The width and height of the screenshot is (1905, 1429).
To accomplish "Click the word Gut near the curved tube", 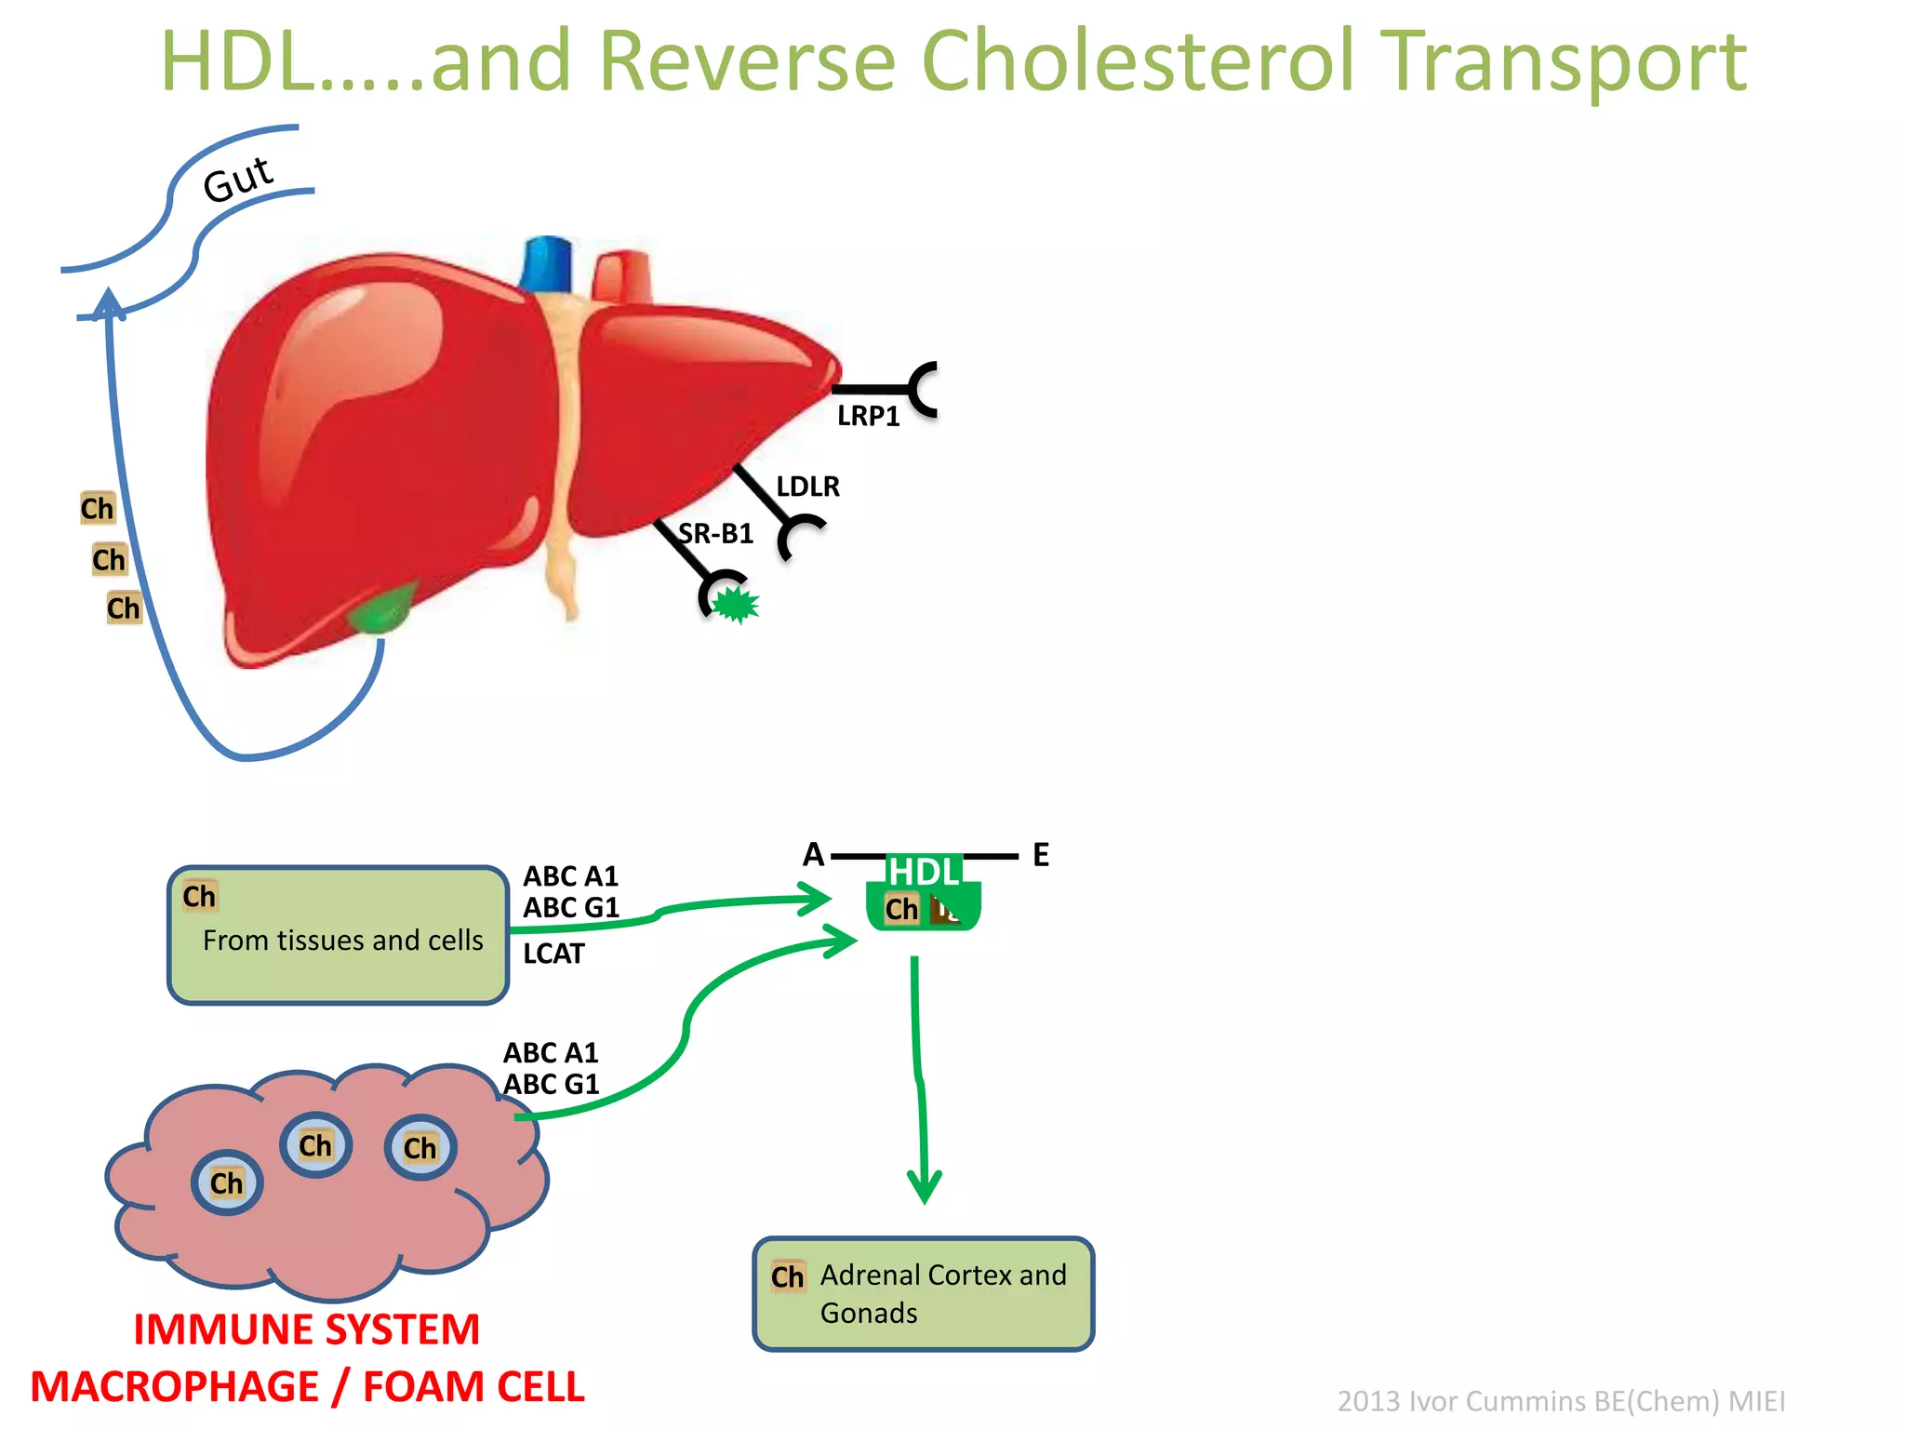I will click(237, 179).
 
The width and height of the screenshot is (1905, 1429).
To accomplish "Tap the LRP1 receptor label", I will click(868, 416).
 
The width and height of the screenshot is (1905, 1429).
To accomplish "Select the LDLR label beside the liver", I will click(807, 487).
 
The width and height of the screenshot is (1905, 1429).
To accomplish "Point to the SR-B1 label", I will click(715, 533).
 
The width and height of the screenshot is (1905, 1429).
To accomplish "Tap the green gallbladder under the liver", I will click(382, 609).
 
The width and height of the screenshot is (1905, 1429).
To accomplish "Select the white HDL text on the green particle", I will click(924, 872).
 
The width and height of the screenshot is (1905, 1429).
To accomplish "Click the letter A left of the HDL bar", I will click(814, 854).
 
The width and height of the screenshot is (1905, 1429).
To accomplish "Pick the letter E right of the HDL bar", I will click(1041, 855).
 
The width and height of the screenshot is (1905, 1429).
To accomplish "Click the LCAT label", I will click(553, 954).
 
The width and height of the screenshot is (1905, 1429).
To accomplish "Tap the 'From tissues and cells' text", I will click(342, 941).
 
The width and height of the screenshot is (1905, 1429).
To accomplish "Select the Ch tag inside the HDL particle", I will click(900, 909).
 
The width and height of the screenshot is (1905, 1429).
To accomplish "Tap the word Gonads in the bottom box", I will click(868, 1313).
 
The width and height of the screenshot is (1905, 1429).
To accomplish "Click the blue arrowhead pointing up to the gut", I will click(110, 303).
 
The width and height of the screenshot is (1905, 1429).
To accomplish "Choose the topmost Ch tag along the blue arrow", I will click(97, 508).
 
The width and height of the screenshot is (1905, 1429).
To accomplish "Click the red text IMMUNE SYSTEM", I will click(306, 1329).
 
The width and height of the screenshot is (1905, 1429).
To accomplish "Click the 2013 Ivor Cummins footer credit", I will click(1561, 1400).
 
